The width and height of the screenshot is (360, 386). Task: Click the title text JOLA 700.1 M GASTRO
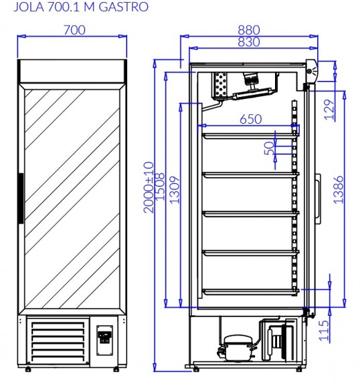81,7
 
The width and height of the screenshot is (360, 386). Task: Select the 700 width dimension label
74,30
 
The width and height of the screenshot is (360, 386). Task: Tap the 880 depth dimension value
249,30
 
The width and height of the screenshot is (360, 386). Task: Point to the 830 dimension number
249,42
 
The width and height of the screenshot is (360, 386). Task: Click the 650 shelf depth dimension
251,119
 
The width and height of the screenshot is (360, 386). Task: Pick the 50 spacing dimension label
270,149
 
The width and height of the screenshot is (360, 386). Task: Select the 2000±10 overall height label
149,187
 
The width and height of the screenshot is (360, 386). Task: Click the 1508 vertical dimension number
160,187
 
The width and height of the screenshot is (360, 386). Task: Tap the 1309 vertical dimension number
175,189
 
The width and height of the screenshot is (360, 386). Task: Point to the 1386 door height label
339,189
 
